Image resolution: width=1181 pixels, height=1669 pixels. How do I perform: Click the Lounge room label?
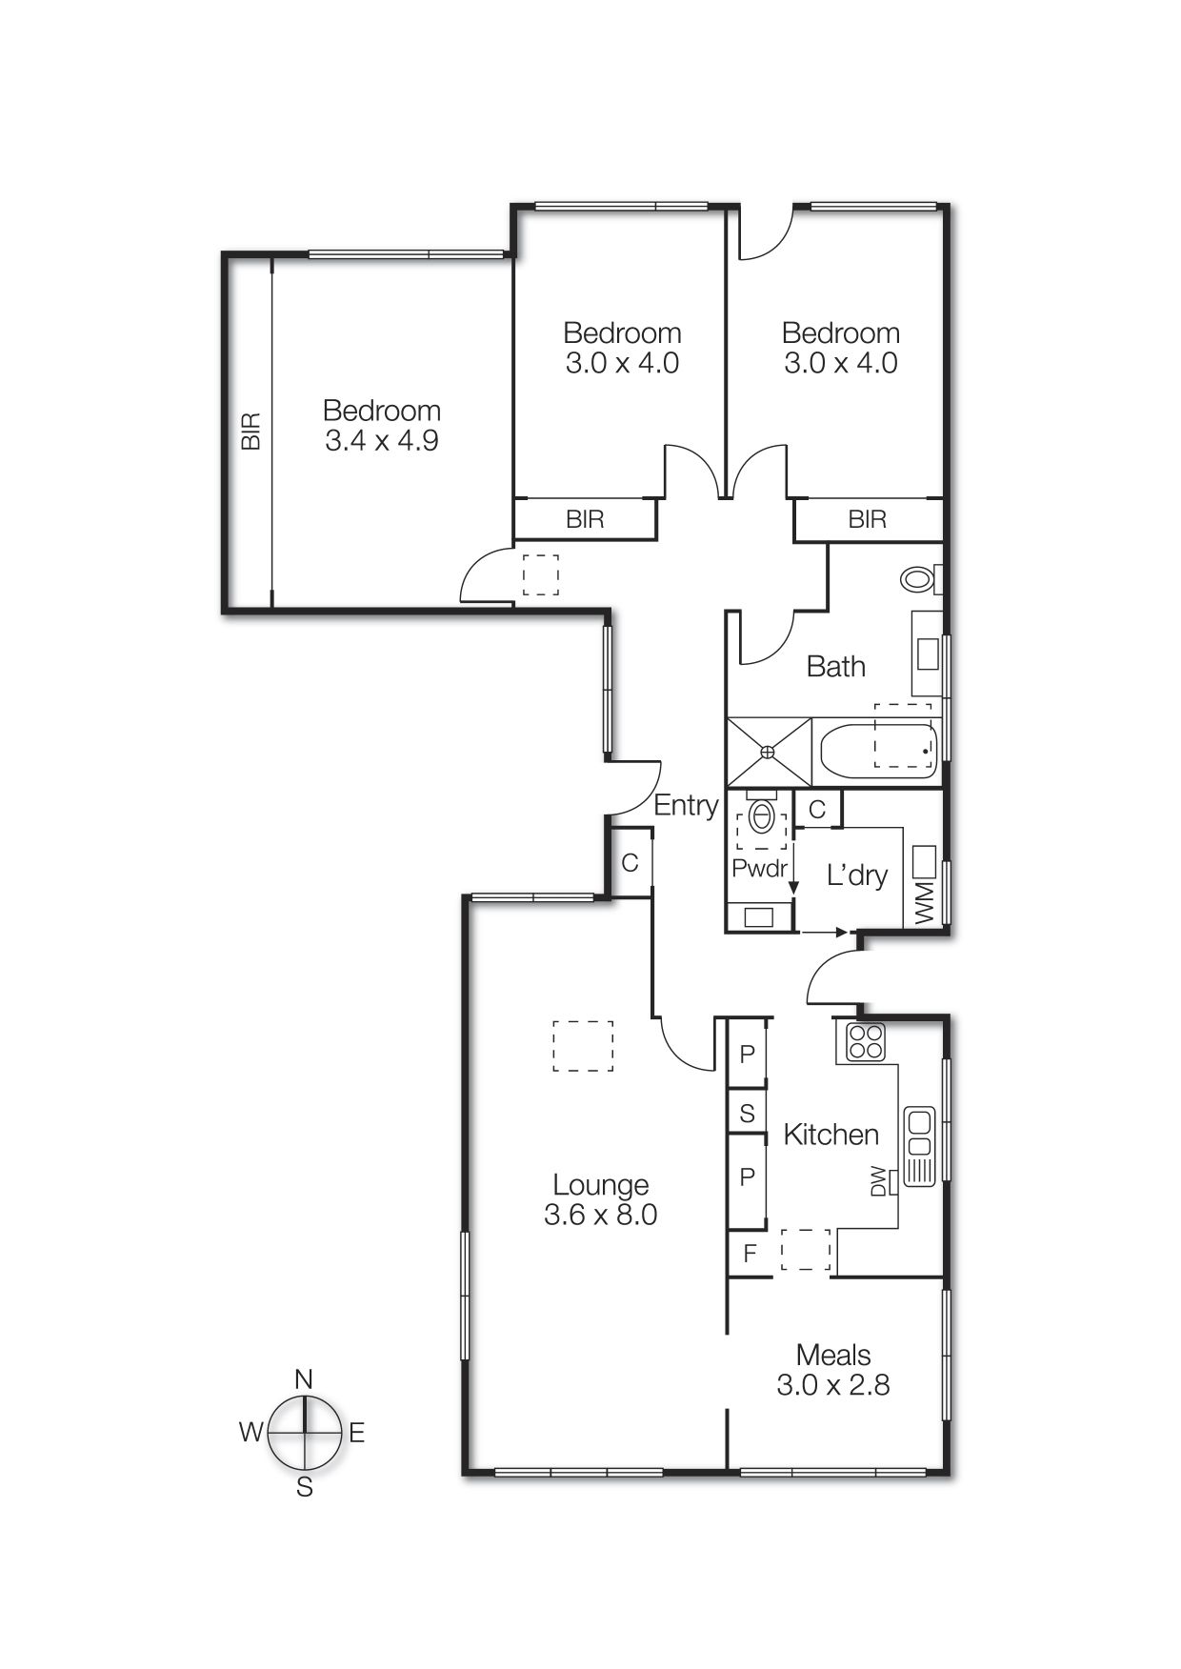[x=600, y=1184]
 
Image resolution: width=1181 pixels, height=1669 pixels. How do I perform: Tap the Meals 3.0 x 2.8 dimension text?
[x=832, y=1384]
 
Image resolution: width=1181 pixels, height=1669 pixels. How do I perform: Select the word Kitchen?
[x=831, y=1134]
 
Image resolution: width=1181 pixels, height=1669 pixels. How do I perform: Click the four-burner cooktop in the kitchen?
[x=866, y=1042]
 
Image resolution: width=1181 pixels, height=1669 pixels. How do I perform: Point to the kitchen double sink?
[x=919, y=1147]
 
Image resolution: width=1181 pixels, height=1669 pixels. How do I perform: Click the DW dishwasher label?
[x=878, y=1181]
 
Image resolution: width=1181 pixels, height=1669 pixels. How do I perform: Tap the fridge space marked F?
[x=750, y=1254]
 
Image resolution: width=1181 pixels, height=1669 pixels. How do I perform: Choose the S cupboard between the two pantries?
[x=747, y=1113]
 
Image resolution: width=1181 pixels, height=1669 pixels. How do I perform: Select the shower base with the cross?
[x=769, y=752]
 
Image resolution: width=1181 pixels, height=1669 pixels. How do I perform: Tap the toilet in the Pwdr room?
[x=762, y=816]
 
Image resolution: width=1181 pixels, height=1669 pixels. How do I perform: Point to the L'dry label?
[x=856, y=875]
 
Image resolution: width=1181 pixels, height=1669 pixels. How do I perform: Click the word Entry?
[x=685, y=805]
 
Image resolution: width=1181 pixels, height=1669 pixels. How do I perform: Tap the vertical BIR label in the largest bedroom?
[x=250, y=431]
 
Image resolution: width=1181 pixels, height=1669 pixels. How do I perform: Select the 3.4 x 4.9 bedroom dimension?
[x=381, y=440]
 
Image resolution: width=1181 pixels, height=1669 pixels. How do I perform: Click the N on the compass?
[x=304, y=1378]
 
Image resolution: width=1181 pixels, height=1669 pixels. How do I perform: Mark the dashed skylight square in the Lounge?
[x=583, y=1046]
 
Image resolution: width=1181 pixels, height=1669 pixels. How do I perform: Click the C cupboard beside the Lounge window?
[x=630, y=863]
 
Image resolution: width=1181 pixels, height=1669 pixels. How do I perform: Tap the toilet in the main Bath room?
[x=918, y=577]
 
